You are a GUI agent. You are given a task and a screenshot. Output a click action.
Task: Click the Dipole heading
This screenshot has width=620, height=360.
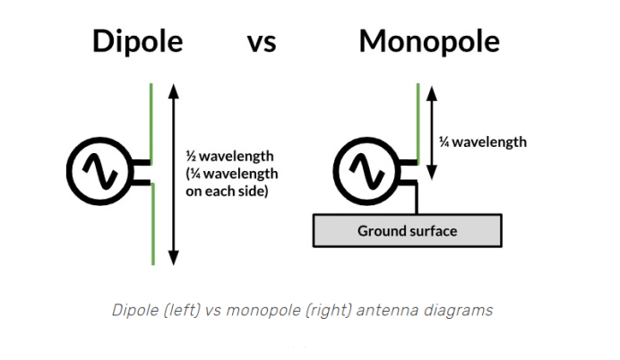pos(137,42)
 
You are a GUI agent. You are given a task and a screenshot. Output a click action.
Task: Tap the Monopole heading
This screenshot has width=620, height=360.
pos(429,42)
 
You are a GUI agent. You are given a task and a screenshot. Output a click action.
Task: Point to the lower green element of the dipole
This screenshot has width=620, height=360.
pos(152,224)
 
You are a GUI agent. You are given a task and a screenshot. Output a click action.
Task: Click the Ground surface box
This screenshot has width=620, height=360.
pos(407,231)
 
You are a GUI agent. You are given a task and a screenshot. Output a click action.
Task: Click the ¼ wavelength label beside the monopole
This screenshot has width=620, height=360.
pos(482,141)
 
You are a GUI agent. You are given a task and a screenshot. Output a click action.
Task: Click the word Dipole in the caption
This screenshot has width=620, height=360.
pos(133,311)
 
